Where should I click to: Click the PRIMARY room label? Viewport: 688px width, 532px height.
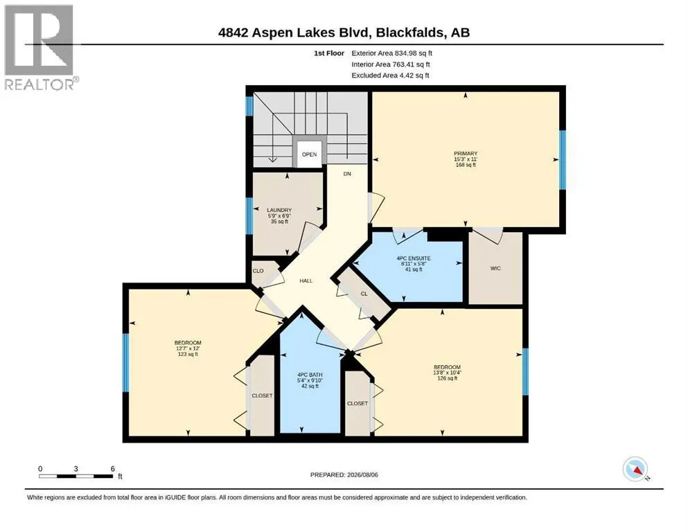(x=466, y=154)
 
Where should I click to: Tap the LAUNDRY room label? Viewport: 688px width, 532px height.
(x=279, y=210)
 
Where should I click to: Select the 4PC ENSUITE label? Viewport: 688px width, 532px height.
(x=414, y=258)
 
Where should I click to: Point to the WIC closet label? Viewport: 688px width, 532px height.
(x=495, y=268)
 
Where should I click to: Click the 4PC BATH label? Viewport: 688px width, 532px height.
(x=310, y=375)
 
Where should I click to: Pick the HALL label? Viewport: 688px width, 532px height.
(x=306, y=281)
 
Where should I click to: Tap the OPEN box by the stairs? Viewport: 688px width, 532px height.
(x=309, y=154)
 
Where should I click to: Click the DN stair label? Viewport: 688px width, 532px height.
(x=347, y=174)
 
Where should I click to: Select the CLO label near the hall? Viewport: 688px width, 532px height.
(x=258, y=271)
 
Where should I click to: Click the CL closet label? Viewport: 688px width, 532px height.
(x=364, y=294)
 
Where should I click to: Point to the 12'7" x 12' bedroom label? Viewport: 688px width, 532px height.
(x=188, y=348)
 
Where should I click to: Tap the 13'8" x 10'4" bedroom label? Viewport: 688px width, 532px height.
(x=447, y=373)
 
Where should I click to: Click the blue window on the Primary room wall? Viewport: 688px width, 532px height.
(x=563, y=159)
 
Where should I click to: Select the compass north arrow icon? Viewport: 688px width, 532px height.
(x=635, y=469)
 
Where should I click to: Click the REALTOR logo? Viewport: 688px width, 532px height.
(x=40, y=47)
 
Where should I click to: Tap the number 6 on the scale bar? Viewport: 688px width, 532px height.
(x=113, y=468)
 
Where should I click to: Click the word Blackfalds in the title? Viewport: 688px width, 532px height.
(x=410, y=33)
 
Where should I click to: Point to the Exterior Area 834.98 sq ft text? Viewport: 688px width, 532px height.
(x=392, y=53)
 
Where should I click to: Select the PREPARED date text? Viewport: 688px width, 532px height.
(x=344, y=475)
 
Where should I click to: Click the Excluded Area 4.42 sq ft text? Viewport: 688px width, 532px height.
(x=390, y=76)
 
